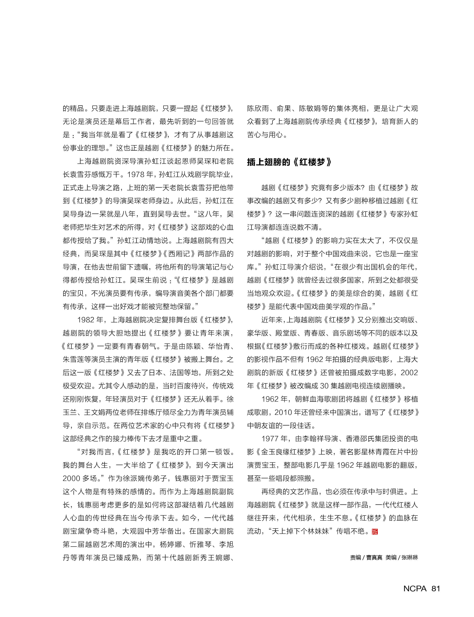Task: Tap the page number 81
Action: [436, 588]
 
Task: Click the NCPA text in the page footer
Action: [415, 588]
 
